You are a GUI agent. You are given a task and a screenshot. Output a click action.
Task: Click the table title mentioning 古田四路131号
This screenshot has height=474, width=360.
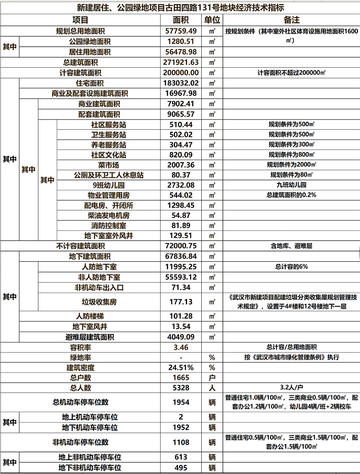[180, 8]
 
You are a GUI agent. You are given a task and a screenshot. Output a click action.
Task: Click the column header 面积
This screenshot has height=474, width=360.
[181, 20]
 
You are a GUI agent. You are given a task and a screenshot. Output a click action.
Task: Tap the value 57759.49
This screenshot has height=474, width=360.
[181, 31]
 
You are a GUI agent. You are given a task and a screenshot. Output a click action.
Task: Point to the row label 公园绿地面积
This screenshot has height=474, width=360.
[89, 41]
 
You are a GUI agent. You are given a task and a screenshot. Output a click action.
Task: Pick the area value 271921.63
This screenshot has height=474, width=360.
[181, 62]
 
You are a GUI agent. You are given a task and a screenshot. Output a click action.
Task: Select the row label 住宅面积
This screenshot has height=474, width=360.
[89, 83]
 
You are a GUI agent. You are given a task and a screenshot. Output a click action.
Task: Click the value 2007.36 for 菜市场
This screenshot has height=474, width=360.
[181, 165]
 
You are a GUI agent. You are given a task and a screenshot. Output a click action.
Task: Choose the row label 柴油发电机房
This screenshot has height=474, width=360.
[109, 215]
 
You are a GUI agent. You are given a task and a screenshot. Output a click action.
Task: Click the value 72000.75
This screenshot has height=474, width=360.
[181, 246]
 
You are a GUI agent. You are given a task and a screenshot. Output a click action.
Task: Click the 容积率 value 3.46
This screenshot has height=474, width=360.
[181, 347]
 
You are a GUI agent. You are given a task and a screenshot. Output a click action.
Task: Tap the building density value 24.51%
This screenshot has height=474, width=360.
[181, 367]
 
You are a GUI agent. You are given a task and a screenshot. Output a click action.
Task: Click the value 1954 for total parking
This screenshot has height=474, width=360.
[181, 402]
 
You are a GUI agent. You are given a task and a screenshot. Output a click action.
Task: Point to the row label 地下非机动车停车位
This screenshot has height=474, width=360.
[89, 468]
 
